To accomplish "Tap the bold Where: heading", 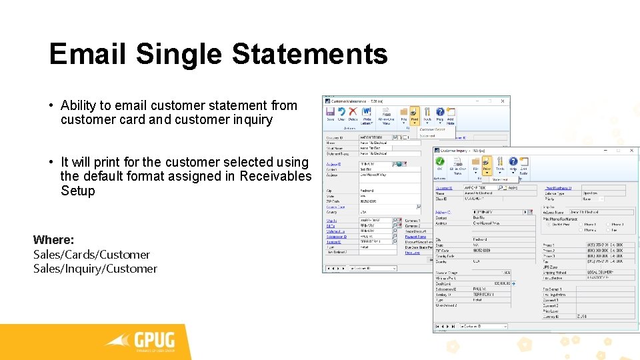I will (53, 240).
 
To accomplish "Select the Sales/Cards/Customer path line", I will (91, 255).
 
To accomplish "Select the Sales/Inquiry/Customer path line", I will (95, 269).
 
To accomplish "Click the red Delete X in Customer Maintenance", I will (353, 113).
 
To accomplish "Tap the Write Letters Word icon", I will (367, 113).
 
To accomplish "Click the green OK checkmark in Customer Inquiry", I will (440, 162).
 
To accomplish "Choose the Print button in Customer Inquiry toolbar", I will (487, 163).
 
